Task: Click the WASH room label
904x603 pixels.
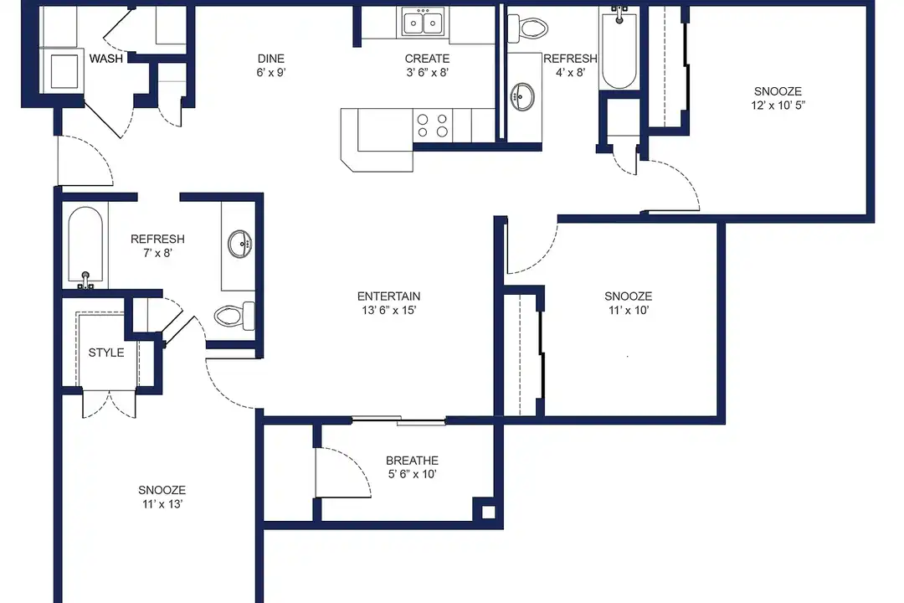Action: coord(106,59)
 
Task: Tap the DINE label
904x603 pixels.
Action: coord(271,59)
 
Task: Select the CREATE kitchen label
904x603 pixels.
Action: coord(427,59)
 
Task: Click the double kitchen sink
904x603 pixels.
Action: coord(424,23)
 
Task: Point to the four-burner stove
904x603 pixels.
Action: coord(433,126)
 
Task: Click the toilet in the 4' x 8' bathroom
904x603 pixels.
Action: coord(527,27)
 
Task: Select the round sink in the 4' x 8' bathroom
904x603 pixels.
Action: coord(523,96)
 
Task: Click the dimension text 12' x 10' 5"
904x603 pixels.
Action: coord(778,105)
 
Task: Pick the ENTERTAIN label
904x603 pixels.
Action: coord(388,296)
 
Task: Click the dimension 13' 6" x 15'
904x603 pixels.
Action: coord(388,310)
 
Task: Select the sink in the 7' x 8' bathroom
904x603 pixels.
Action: coord(240,244)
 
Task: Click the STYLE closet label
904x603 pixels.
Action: coord(106,353)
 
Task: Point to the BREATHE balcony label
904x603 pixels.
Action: coord(412,461)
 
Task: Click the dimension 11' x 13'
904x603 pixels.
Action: coord(162,503)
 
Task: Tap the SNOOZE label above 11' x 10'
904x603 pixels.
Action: coord(629,296)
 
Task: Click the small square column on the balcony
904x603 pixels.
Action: coord(488,512)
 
